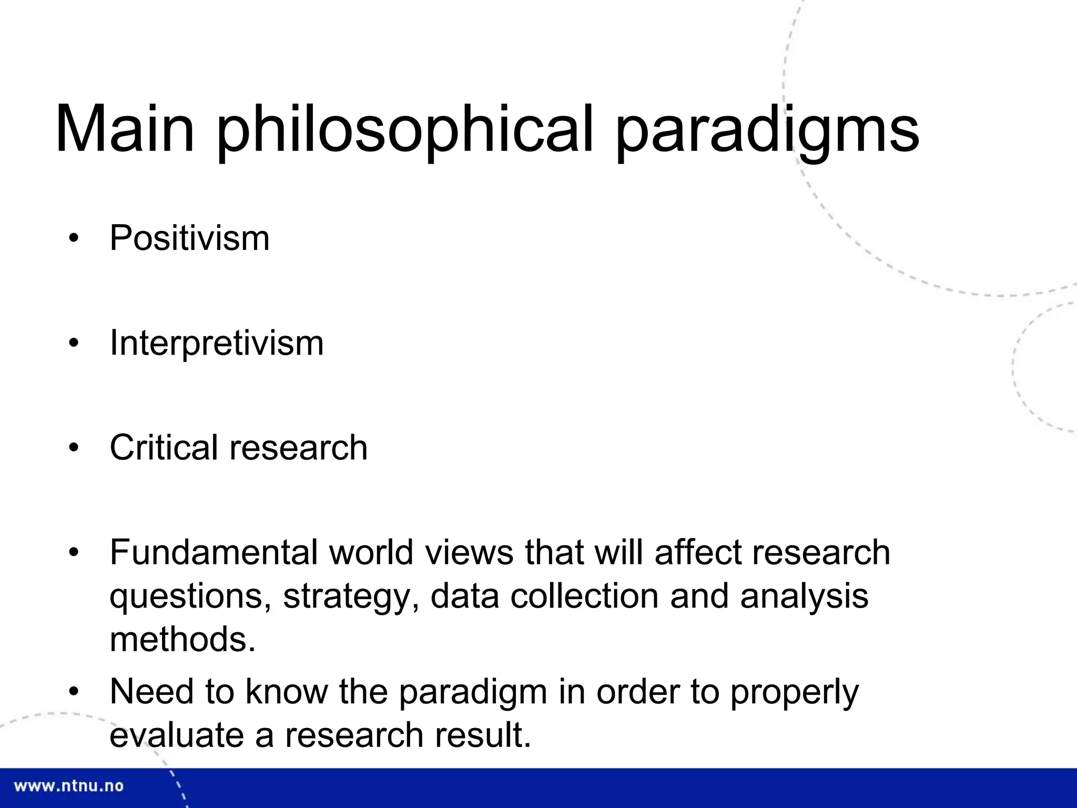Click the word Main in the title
(x=125, y=129)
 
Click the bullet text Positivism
(x=189, y=238)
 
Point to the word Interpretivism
(x=216, y=343)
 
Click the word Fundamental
(x=214, y=552)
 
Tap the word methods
(x=182, y=640)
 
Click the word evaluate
(x=177, y=735)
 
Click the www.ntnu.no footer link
(x=68, y=786)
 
